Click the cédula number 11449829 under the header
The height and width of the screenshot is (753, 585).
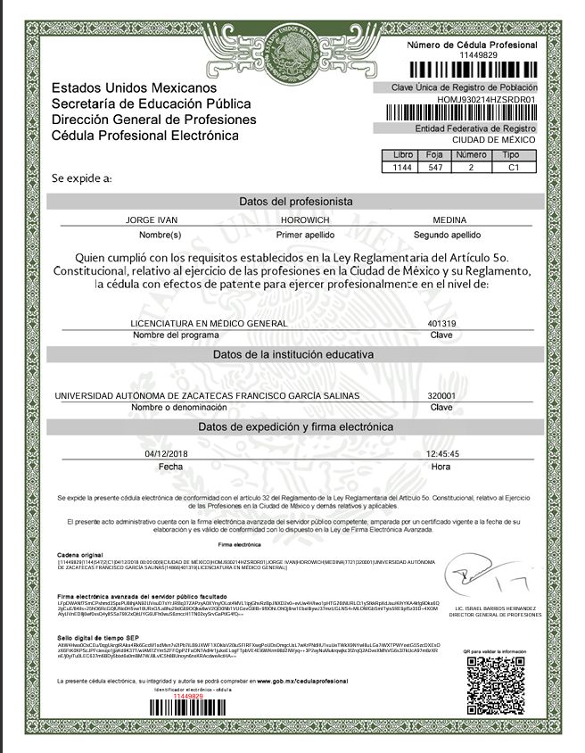[x=472, y=55]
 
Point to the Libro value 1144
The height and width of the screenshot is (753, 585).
[x=402, y=167]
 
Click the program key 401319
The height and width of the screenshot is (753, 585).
[x=442, y=322]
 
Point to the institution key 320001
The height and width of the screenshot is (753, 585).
[x=442, y=395]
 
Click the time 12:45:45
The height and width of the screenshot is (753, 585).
[x=442, y=454]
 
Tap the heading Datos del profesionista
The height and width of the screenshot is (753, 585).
[x=295, y=202]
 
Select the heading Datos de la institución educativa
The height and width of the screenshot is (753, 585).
[x=295, y=354]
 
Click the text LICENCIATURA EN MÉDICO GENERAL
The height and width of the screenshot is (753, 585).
[x=209, y=322]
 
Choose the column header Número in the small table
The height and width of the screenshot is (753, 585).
[x=472, y=155]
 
